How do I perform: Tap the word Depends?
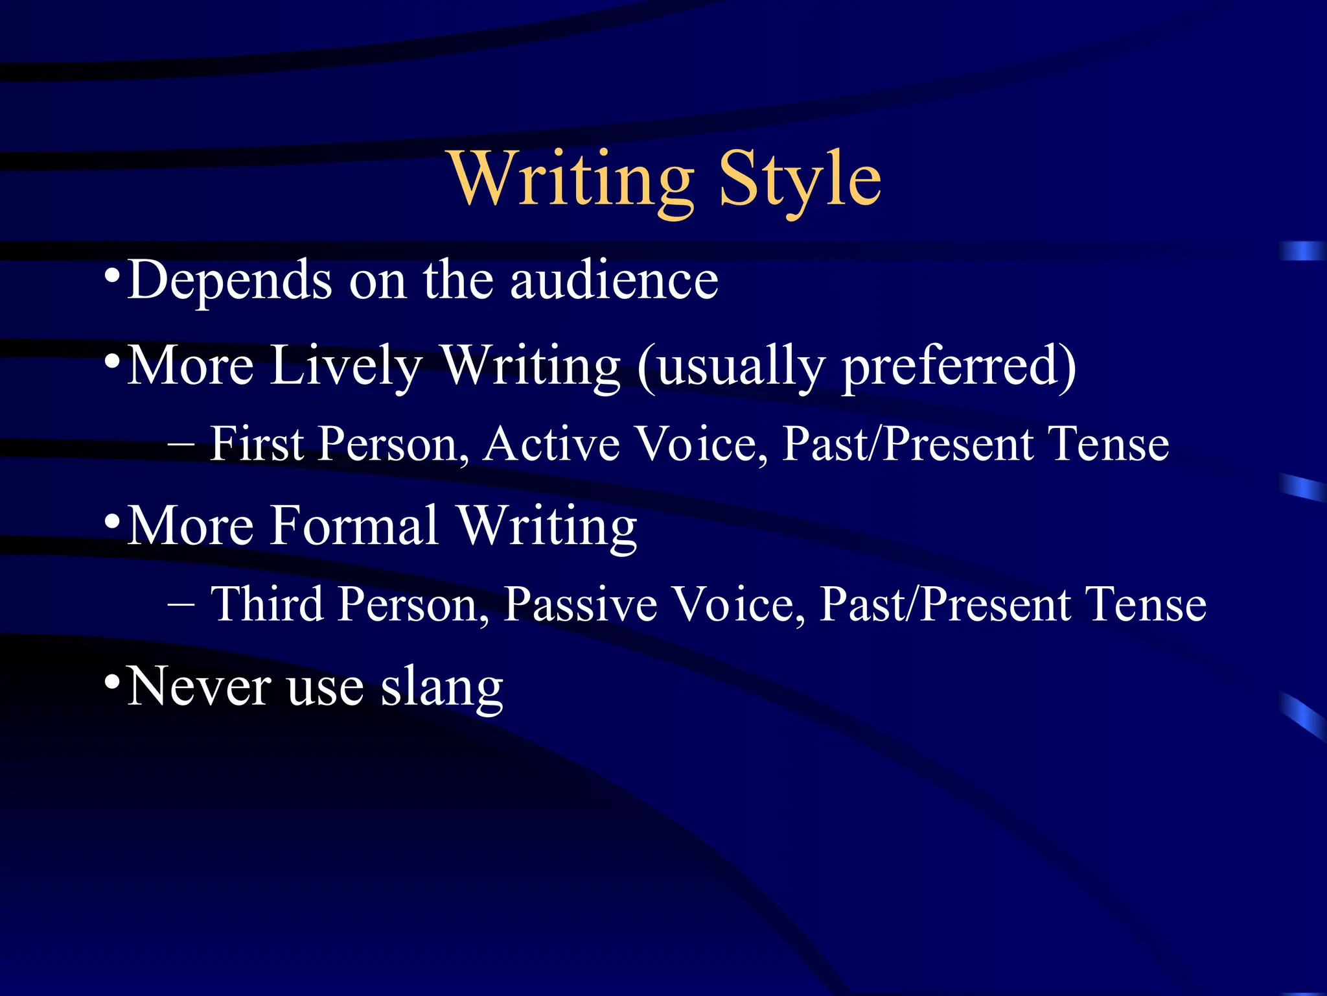[x=230, y=281]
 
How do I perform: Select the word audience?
[x=614, y=280]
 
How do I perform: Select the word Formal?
[x=354, y=525]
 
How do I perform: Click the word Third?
[x=267, y=604]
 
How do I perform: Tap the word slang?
[x=441, y=687]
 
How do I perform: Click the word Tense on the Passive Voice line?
[x=1145, y=604]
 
